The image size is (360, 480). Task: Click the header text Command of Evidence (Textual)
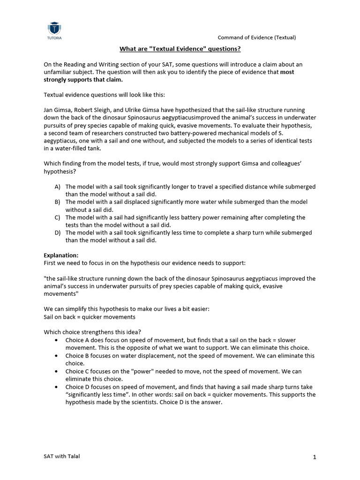257,37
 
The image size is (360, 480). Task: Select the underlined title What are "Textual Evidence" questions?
180,49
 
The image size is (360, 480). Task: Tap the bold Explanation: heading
61,255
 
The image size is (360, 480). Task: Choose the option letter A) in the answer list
58,187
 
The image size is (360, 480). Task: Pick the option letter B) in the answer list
58,202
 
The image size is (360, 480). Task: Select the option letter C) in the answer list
58,217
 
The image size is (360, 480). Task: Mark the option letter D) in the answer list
58,233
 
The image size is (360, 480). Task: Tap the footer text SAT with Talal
62,457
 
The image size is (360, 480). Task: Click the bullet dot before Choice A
57,340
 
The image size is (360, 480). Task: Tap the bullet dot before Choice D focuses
57,387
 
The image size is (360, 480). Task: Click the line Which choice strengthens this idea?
89,332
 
